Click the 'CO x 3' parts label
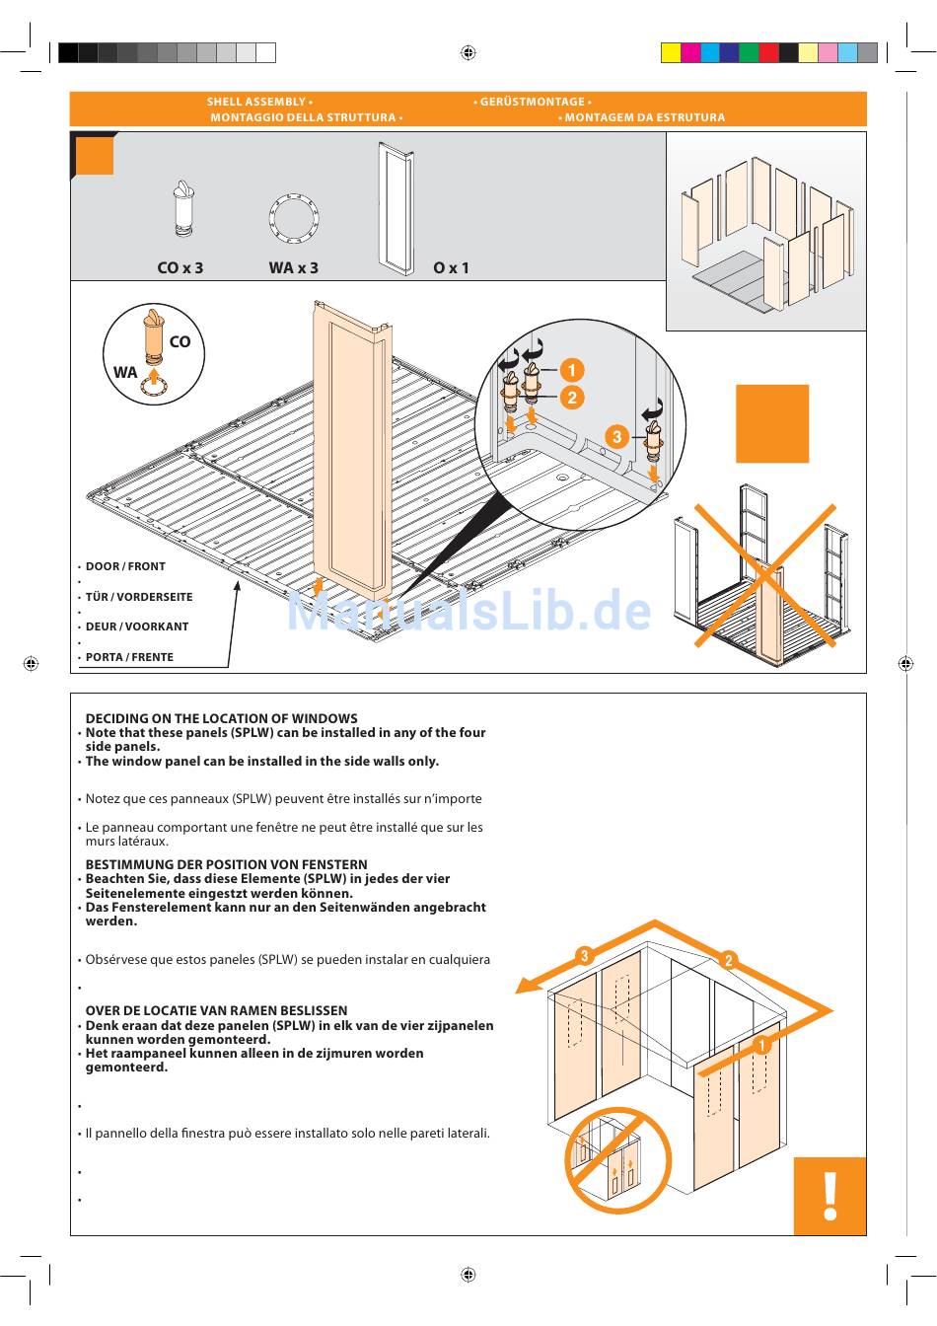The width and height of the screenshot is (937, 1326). click(180, 268)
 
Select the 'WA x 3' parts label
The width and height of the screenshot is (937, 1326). click(294, 268)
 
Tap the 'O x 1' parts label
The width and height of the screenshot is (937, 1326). click(451, 268)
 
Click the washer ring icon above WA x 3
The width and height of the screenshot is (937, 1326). click(294, 217)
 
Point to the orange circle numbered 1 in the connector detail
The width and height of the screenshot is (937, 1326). click(572, 371)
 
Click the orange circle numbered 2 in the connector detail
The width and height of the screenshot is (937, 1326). click(572, 398)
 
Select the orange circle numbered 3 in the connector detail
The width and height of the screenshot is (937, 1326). click(616, 437)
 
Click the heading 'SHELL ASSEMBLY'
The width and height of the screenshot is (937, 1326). click(256, 102)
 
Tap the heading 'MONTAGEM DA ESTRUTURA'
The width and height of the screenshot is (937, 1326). click(645, 117)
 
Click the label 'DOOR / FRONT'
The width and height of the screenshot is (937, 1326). click(125, 566)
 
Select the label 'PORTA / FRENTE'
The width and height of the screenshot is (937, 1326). click(129, 657)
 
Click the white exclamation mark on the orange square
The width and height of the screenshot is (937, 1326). click(829, 1197)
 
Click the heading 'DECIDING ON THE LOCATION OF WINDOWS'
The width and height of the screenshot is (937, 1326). click(221, 718)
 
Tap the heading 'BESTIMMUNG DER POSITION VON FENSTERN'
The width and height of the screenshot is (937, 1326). click(226, 864)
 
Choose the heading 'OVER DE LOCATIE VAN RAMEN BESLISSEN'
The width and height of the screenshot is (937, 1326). click(216, 1010)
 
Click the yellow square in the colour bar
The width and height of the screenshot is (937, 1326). click(671, 52)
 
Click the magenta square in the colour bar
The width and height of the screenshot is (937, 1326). click(690, 52)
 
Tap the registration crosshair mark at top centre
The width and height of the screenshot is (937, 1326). click(468, 52)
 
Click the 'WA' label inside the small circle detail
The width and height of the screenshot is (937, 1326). click(125, 372)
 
